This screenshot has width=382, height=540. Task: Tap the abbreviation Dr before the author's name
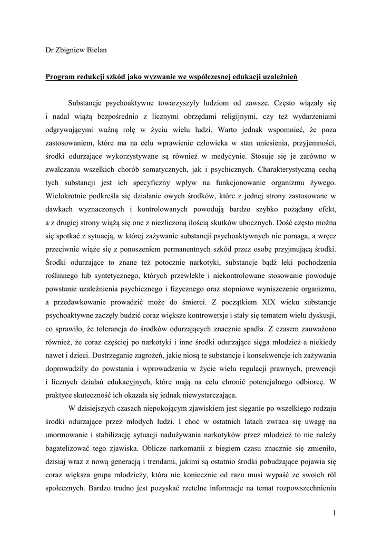pos(50,51)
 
